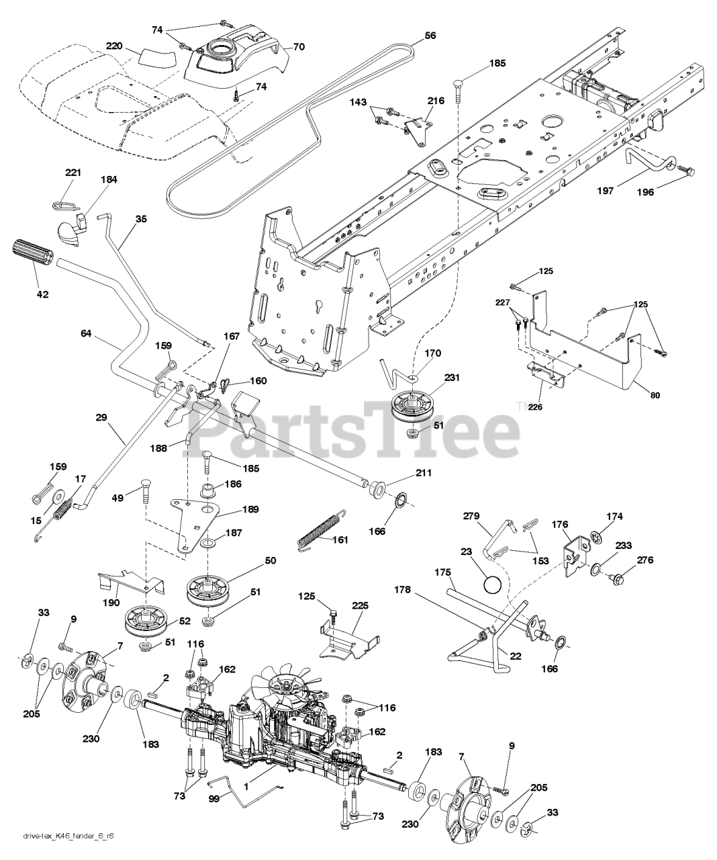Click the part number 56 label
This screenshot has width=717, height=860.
pos(430,36)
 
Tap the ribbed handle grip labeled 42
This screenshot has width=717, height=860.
pos(32,256)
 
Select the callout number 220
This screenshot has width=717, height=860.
pos(115,46)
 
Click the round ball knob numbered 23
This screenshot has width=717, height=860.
pos(492,585)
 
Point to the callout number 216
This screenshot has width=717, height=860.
pos(436,100)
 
